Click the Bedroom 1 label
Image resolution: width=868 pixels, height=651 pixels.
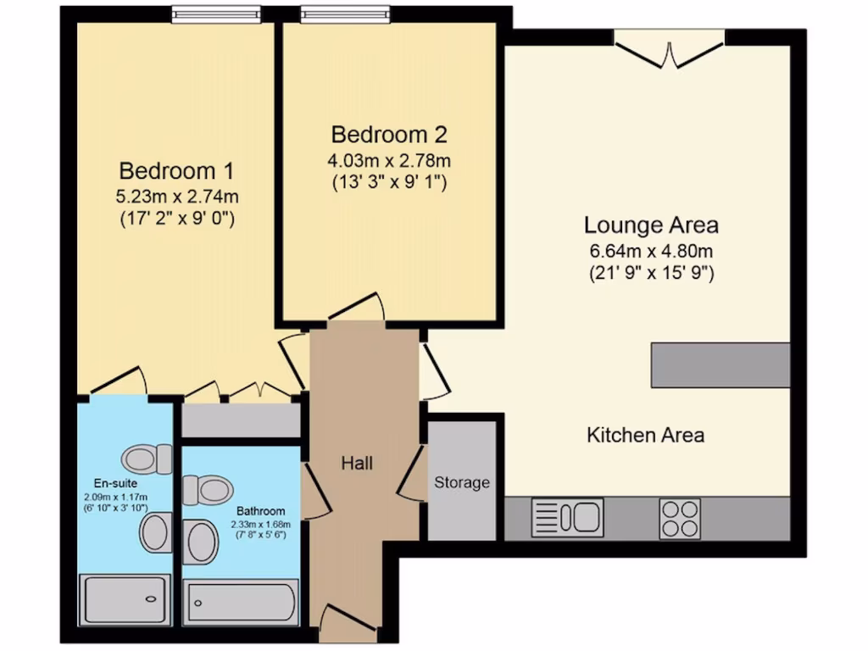(x=176, y=170)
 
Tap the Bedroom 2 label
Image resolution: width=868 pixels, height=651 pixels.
(x=389, y=134)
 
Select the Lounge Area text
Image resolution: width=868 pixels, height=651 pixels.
(x=651, y=225)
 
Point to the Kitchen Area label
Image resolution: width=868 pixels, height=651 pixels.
(x=646, y=436)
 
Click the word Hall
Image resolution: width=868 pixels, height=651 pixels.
(x=357, y=463)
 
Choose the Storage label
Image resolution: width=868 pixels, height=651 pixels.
(x=462, y=482)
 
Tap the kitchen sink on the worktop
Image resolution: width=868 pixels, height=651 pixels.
(x=566, y=517)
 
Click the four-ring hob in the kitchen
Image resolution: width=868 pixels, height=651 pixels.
(x=680, y=517)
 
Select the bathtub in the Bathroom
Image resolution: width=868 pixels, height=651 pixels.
(x=242, y=603)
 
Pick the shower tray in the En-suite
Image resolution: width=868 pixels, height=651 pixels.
(x=125, y=599)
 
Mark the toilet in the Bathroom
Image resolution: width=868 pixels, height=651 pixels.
(x=208, y=490)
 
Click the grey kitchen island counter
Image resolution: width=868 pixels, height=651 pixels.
(x=721, y=364)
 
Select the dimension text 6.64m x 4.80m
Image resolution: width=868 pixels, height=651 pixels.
(x=651, y=251)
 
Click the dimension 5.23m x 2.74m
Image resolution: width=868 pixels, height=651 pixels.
(x=176, y=197)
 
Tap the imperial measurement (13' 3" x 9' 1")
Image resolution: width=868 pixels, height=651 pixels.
(x=389, y=181)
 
